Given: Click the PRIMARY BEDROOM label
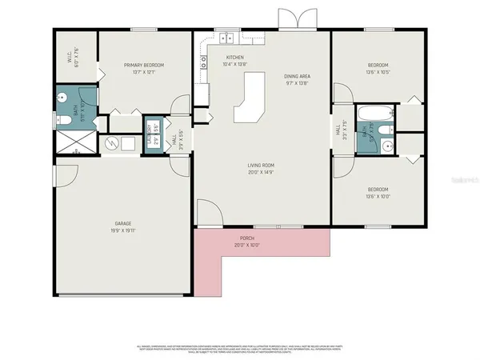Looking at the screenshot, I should pos(143,65).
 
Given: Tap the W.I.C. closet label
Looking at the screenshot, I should pos(70,58).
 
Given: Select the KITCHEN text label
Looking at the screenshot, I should pos(235,58).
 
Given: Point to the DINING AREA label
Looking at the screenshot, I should pos(297,76).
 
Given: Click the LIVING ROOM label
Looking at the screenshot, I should pos(261,166).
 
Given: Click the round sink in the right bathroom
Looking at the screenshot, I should pos(387,145).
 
